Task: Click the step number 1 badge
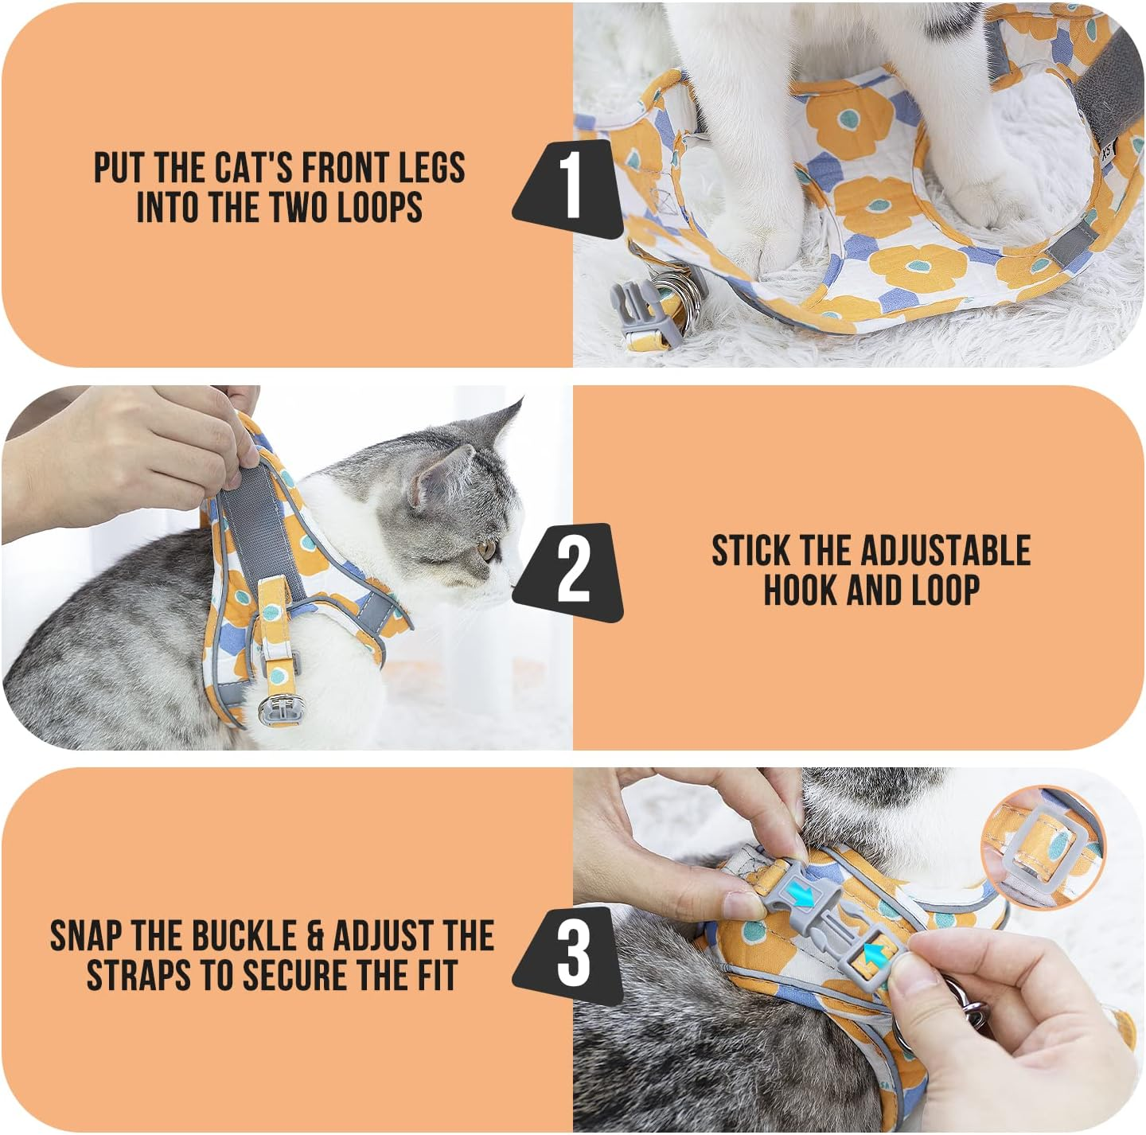(569, 188)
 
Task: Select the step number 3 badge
(571, 954)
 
